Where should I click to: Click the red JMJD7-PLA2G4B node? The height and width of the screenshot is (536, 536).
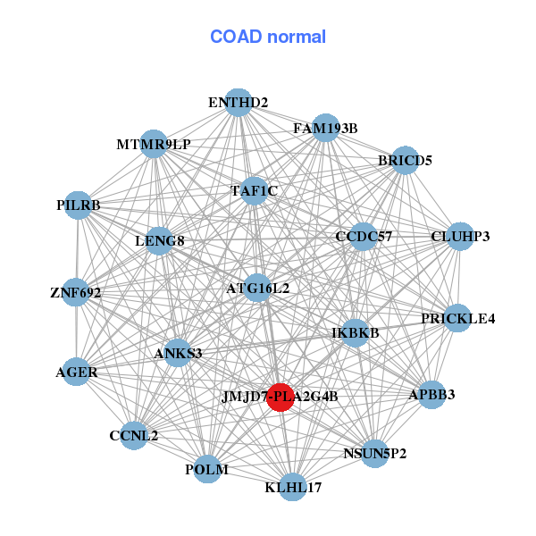tap(281, 397)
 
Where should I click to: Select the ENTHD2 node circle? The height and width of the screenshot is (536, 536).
tap(239, 103)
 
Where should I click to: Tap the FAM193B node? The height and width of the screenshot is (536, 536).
tap(325, 128)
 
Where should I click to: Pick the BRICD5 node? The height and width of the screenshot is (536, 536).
tap(405, 160)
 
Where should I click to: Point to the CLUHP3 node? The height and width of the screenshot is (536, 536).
tap(460, 237)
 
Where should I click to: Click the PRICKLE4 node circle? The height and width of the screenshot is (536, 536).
tap(457, 318)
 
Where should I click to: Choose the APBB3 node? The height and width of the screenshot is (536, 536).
tap(431, 395)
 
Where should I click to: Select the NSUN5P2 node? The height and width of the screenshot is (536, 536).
tap(375, 454)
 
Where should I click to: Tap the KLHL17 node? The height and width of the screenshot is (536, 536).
tap(293, 487)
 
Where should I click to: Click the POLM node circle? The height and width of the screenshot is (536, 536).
tap(207, 469)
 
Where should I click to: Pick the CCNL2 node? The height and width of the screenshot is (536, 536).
tap(134, 436)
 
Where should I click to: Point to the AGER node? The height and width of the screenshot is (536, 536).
tap(77, 372)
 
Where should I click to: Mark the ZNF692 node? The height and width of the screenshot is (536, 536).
tap(76, 292)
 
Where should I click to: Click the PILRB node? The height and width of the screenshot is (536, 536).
tap(79, 205)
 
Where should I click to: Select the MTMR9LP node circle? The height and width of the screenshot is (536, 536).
tap(154, 144)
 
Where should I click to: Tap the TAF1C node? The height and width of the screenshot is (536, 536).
tap(254, 191)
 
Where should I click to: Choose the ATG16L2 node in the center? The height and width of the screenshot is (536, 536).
tap(257, 288)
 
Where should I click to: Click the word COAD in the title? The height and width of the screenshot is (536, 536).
tap(236, 37)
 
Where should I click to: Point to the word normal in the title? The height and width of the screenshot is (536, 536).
tap(297, 37)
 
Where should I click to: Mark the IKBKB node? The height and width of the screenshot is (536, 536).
tap(356, 333)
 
